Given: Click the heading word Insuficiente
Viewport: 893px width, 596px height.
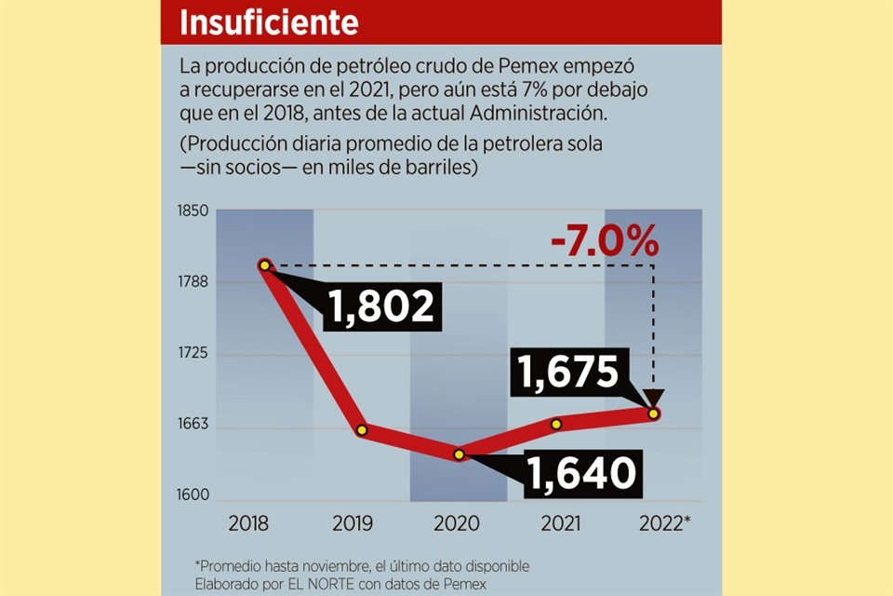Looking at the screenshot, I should pos(269,22).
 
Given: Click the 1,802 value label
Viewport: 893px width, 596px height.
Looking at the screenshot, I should pos(381,306).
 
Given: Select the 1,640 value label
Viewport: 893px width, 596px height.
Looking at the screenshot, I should pos(580,473).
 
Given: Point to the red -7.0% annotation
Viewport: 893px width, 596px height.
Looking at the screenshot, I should pos(604,244).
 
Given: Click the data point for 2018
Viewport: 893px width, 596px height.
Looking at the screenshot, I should pos(265,265).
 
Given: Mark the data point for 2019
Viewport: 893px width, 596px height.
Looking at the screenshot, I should pos(362,430).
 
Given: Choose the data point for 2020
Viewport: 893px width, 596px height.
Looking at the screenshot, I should pos(459,454).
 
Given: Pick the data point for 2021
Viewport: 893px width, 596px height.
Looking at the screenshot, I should pos(556,424).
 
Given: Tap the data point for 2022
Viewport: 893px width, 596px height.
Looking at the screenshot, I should pos(654,413).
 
